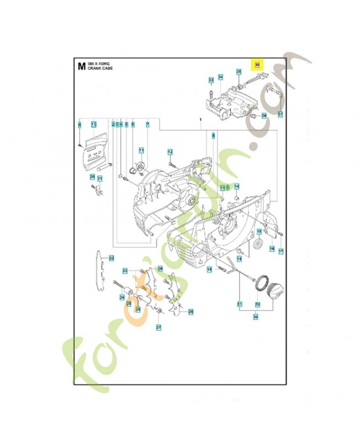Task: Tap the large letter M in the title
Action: pyautogui.click(x=81, y=67)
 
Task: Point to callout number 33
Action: pyautogui.click(x=211, y=81)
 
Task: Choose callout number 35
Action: pyautogui.click(x=239, y=72)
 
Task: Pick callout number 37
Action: pyautogui.click(x=280, y=115)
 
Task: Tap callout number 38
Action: pyautogui.click(x=264, y=115)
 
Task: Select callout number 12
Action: pyautogui.click(x=170, y=152)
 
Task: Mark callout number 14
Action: pyautogui.click(x=236, y=186)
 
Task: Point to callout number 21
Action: pyautogui.click(x=100, y=178)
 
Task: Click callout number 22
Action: pyautogui.click(x=111, y=258)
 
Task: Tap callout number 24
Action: pyautogui.click(x=122, y=297)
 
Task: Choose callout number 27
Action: pyautogui.click(x=158, y=328)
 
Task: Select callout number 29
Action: pyautogui.click(x=191, y=312)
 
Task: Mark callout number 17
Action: pyautogui.click(x=280, y=251)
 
